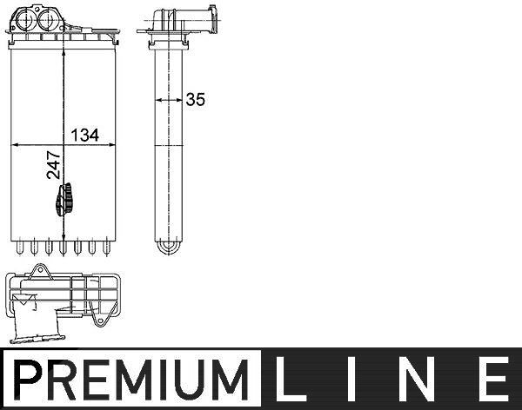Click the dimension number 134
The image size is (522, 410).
tap(85, 135)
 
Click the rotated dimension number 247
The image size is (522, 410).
tap(53, 165)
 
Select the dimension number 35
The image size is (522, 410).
tap(196, 99)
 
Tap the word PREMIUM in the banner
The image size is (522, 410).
tap(131, 380)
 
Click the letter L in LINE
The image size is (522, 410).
tap(285, 379)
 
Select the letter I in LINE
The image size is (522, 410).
tap(351, 379)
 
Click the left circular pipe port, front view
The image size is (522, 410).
tap(25, 19)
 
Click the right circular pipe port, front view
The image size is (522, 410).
tap(48, 19)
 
